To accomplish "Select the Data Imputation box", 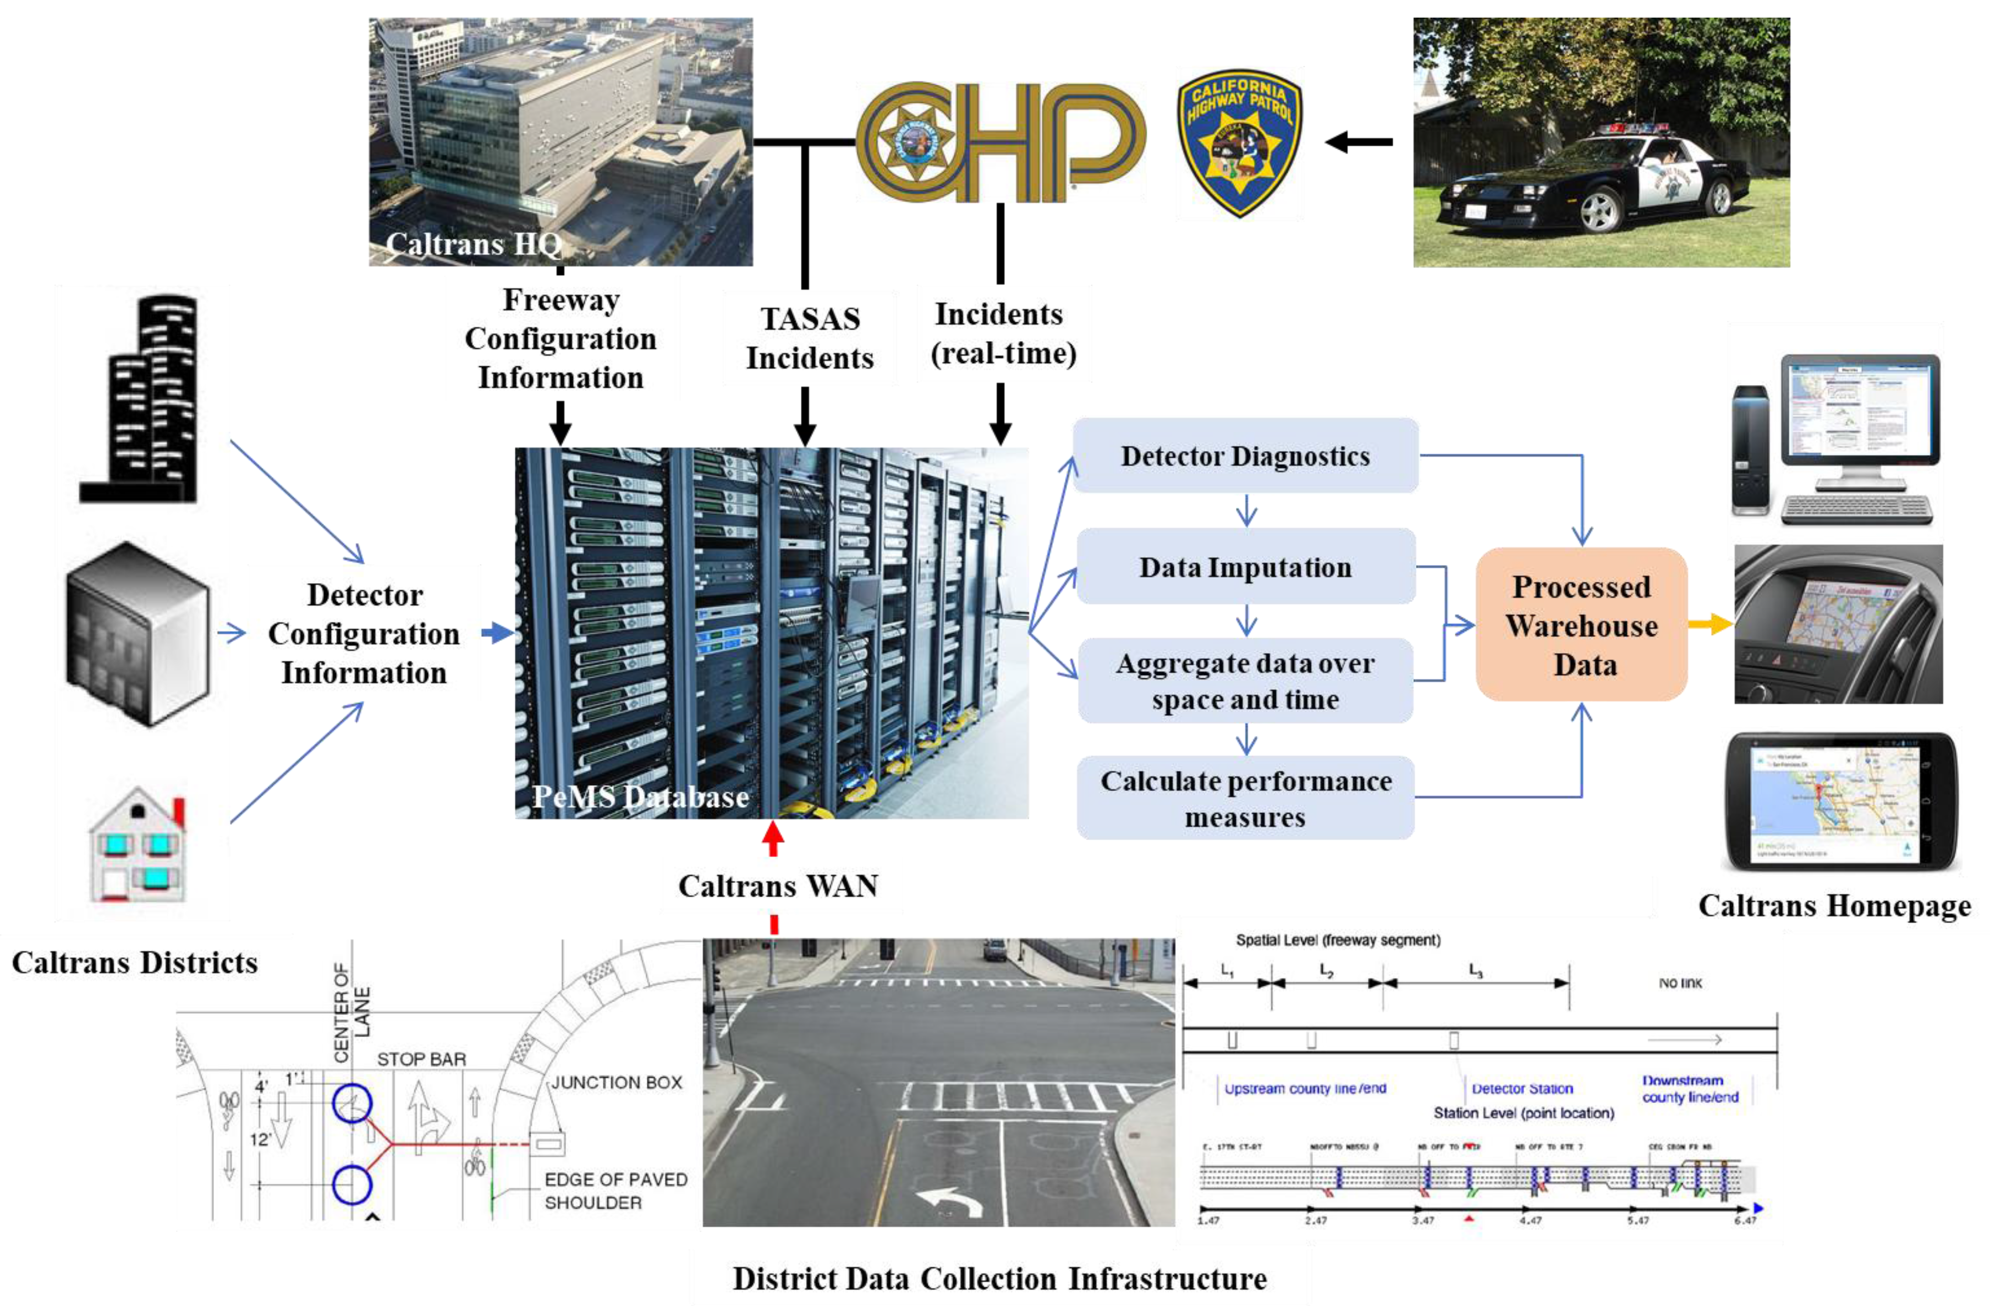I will pyautogui.click(x=1245, y=567).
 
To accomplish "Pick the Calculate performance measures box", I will pyautogui.click(x=1245, y=798).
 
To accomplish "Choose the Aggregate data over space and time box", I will pyautogui.click(x=1245, y=681).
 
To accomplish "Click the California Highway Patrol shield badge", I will pyautogui.click(x=1239, y=142).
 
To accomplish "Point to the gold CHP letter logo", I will pyautogui.click(x=1000, y=142).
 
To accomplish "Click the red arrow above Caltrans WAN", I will pyautogui.click(x=773, y=838).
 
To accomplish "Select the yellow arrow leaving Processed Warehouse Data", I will pyautogui.click(x=1710, y=624).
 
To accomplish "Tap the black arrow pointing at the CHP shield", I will pyautogui.click(x=1359, y=142).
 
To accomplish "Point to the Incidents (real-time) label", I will pyautogui.click(x=1002, y=333).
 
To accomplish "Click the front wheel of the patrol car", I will pyautogui.click(x=1599, y=210).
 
